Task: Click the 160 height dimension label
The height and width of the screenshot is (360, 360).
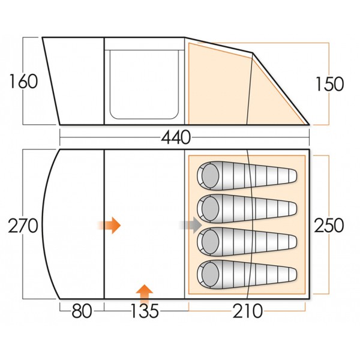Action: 24,82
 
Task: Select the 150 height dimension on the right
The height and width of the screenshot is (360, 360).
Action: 330,84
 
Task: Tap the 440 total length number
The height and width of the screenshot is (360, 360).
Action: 176,138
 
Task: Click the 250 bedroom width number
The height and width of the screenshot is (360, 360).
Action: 329,226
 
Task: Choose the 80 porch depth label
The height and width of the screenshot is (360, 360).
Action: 81,312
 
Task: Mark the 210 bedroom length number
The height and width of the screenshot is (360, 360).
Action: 247,312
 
